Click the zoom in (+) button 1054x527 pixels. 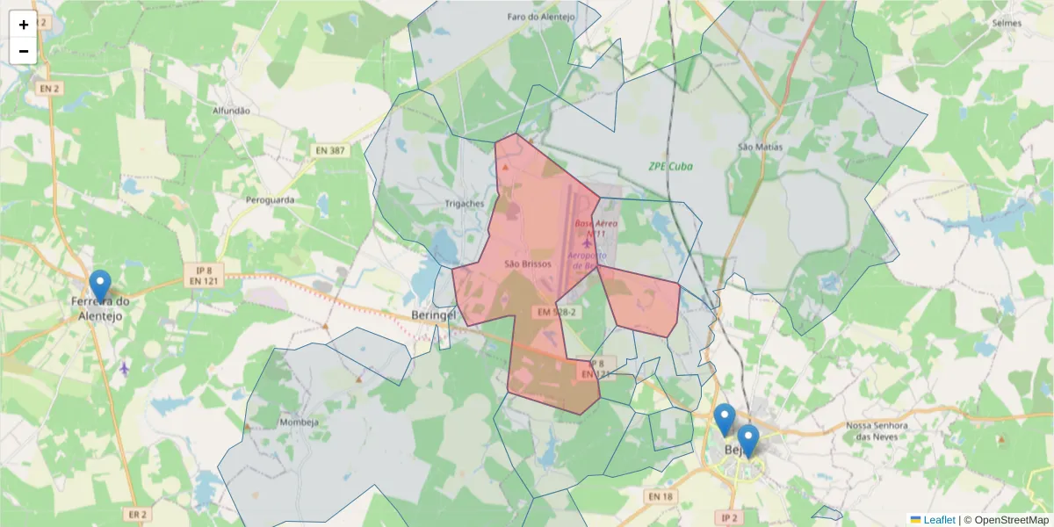coord(24,25)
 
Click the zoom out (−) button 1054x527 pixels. coord(24,51)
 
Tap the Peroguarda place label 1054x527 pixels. coord(271,199)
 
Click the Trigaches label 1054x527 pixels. coord(465,204)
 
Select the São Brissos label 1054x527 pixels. coord(528,263)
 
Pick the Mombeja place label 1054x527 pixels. coord(299,422)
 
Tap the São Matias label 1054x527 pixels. coord(760,147)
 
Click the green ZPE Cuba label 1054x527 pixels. coord(671,166)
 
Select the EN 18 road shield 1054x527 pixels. coord(660,497)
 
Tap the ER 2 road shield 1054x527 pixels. coord(137,514)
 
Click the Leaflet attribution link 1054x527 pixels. coord(938,520)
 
